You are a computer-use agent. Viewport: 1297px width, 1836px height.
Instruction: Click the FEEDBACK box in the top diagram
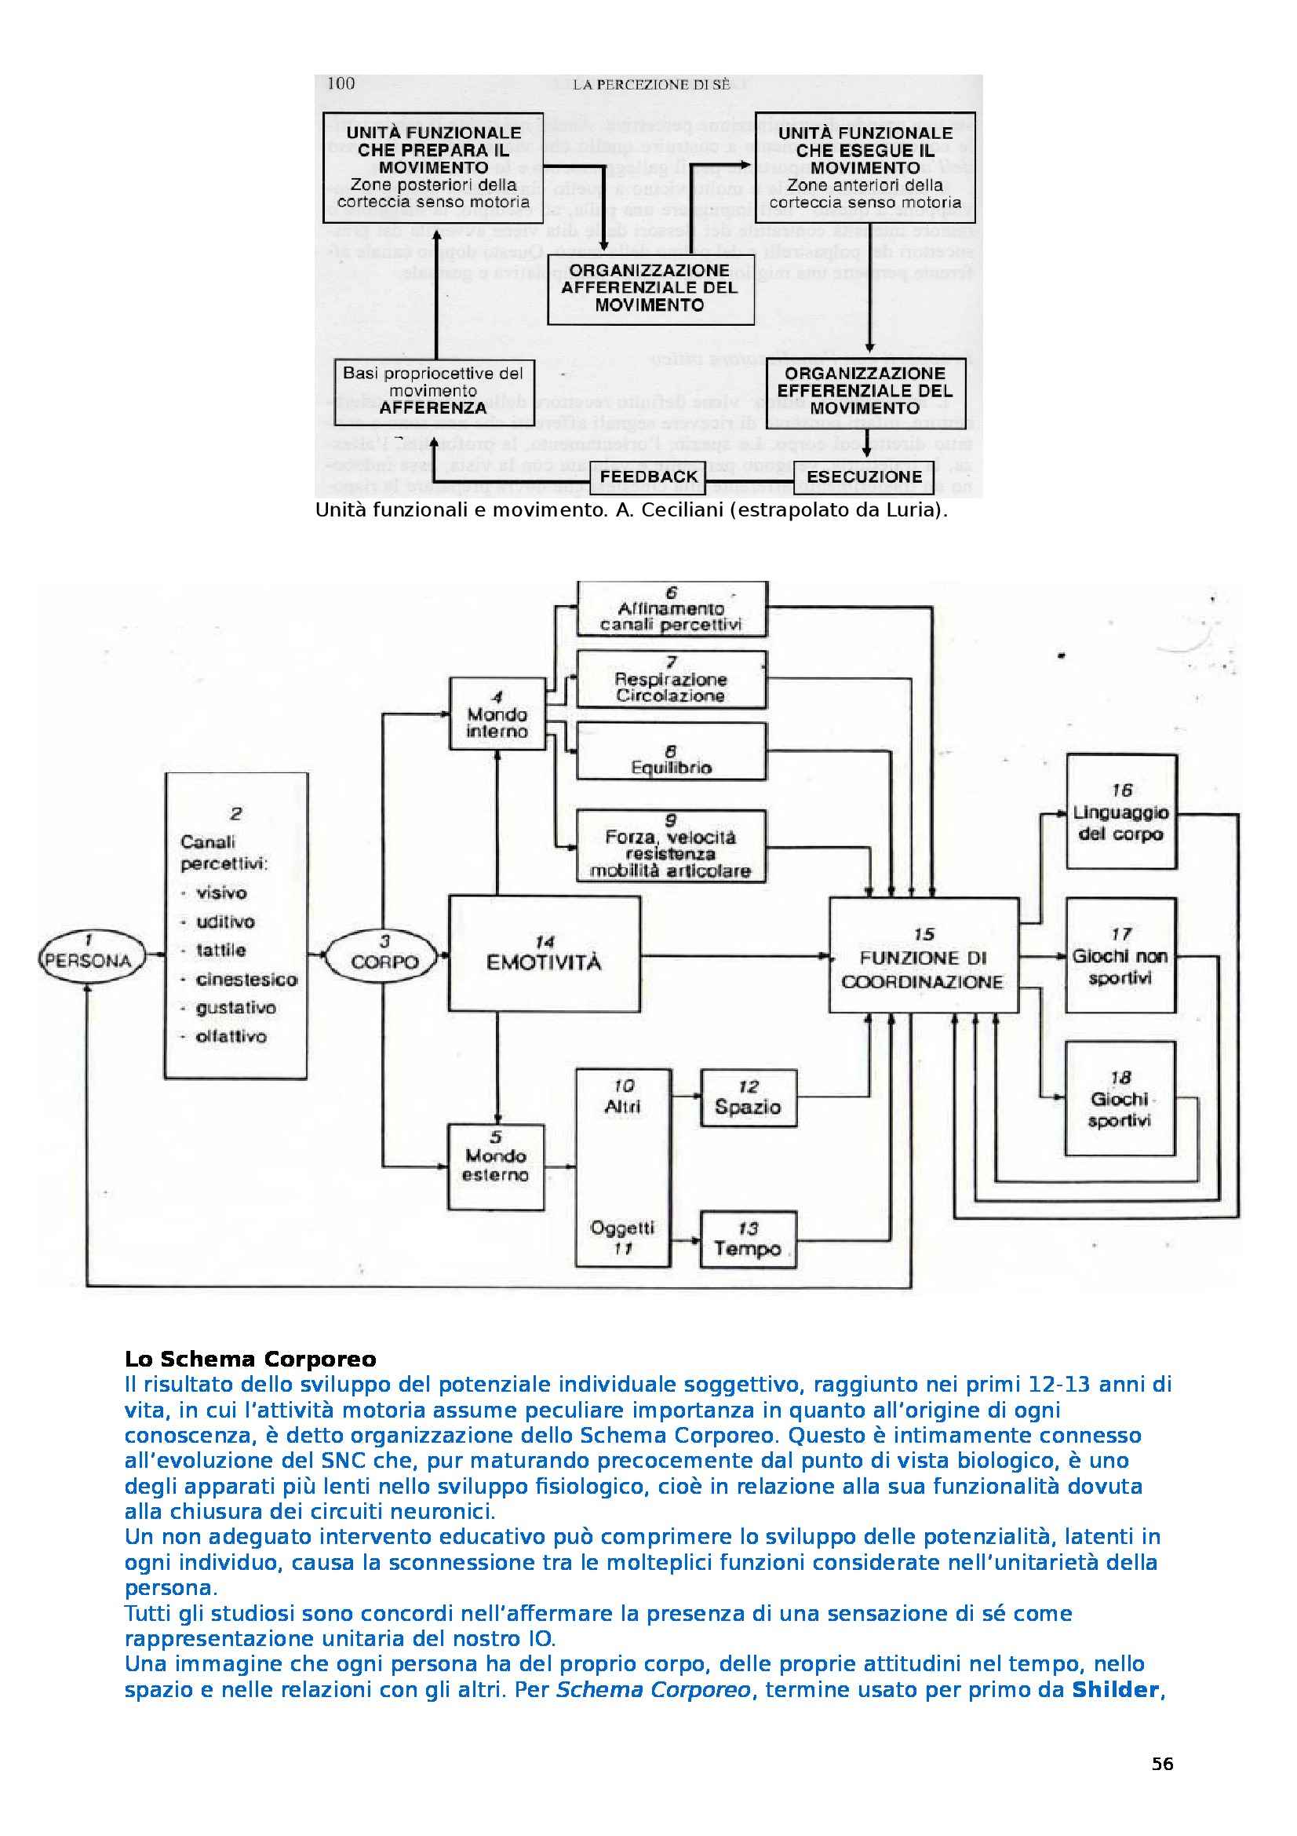pos(649,476)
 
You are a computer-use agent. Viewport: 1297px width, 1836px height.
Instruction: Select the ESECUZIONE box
pos(864,477)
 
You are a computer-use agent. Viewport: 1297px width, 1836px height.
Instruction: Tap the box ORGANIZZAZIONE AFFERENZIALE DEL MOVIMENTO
pos(650,288)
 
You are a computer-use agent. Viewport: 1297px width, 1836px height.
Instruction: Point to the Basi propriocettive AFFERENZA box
pos(433,391)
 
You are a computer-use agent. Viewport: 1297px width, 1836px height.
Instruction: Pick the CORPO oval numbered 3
pos(385,959)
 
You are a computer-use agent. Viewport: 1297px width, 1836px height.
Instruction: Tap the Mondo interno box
pos(497,714)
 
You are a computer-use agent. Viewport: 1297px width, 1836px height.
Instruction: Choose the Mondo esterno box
pos(495,1166)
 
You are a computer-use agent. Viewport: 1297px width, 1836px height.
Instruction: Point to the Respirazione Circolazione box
pos(672,680)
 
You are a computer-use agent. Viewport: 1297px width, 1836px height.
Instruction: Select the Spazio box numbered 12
pos(748,1098)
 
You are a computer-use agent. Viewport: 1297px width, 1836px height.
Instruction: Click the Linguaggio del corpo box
pos(1121,812)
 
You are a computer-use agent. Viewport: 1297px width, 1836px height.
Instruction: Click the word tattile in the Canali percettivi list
pos(220,951)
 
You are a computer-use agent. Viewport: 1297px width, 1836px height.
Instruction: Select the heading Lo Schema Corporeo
pos(250,1359)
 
